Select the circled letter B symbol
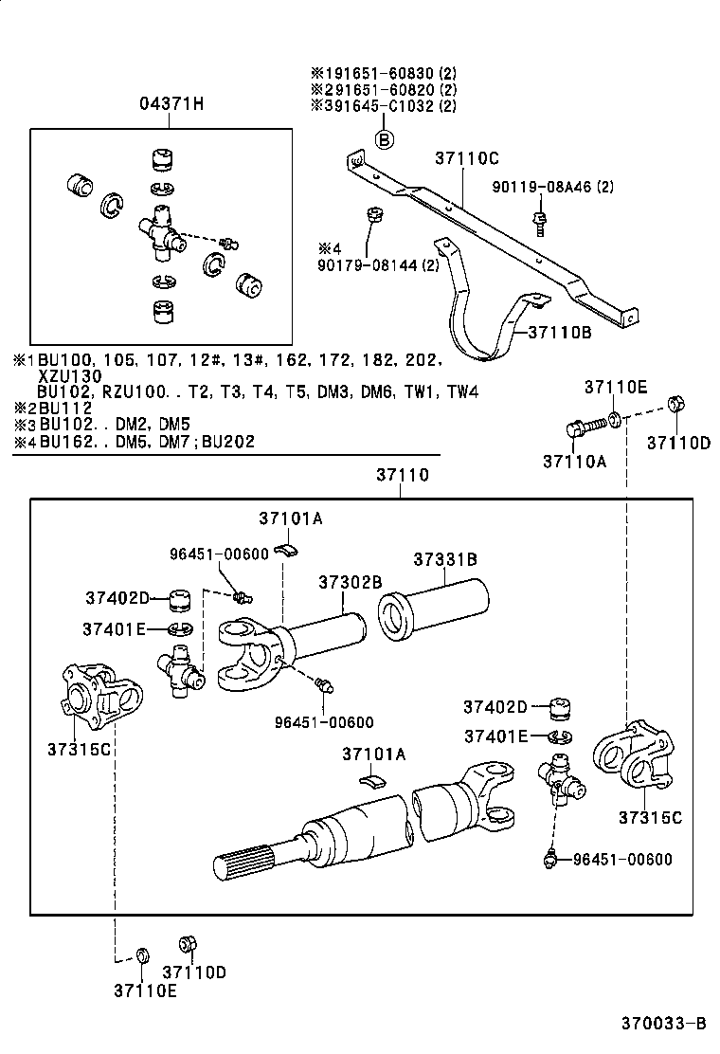[385, 140]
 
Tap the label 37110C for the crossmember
[466, 158]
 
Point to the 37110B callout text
[559, 332]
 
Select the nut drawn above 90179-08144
[373, 215]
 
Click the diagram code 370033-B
[663, 1024]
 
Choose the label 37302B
[350, 581]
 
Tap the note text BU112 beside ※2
[65, 408]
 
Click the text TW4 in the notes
[462, 391]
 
